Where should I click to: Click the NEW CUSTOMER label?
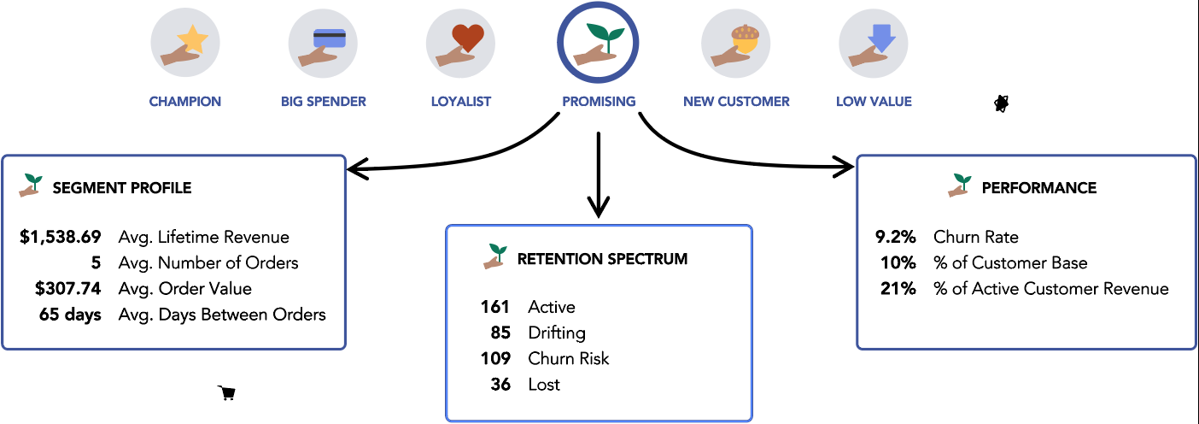tap(736, 101)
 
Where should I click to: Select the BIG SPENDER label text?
tap(323, 101)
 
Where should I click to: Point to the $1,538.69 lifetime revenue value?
tap(61, 237)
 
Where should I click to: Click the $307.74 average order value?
tap(68, 289)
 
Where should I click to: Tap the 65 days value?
tap(70, 315)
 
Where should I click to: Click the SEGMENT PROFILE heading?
tap(122, 188)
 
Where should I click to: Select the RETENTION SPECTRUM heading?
tap(602, 258)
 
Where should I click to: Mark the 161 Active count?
tap(495, 307)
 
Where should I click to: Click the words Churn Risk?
tap(569, 358)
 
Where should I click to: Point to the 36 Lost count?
tap(500, 385)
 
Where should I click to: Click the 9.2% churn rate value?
tap(898, 237)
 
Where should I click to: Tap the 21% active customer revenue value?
tap(898, 289)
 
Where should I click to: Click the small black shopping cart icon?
tap(227, 392)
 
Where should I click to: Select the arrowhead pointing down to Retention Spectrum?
tap(599, 207)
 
